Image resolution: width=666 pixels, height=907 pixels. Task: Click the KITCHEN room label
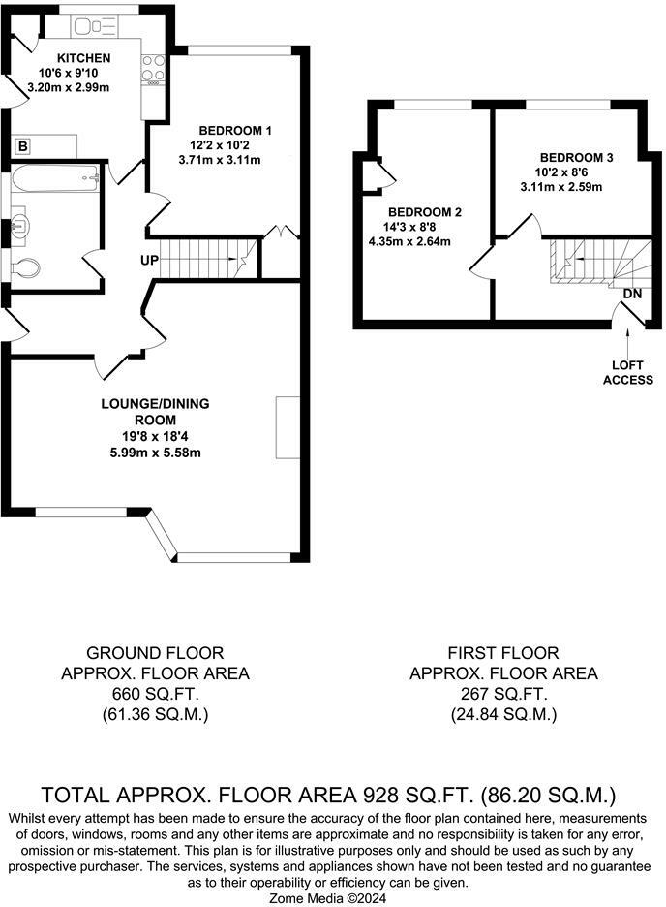[x=84, y=58]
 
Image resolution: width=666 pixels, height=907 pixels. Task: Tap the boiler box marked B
[x=22, y=146]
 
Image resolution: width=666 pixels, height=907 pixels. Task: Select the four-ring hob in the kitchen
[x=154, y=69]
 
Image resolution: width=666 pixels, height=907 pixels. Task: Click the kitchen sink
[x=94, y=26]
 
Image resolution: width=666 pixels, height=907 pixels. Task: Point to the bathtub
[x=55, y=178]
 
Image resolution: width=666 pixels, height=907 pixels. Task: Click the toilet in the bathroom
[x=26, y=267]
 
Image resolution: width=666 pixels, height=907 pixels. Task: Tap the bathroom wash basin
[x=20, y=225]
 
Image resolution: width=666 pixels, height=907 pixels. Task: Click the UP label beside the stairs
[x=149, y=261]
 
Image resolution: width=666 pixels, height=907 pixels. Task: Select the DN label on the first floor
[x=632, y=294]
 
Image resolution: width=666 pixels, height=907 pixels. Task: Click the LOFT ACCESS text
[x=628, y=372]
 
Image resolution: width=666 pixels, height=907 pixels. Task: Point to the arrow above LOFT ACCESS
[x=628, y=342]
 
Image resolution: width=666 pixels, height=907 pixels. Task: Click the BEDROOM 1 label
[x=235, y=131]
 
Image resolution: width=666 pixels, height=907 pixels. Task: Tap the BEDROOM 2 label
[x=425, y=212]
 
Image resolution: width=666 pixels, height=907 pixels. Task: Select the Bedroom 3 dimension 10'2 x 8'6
[x=561, y=172]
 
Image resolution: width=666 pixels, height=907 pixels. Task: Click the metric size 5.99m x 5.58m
[x=156, y=453]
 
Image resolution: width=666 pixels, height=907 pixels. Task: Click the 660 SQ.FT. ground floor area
[x=155, y=694]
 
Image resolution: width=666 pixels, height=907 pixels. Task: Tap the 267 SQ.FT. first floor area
[x=503, y=694]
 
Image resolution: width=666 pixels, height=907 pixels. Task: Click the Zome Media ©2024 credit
[x=327, y=898]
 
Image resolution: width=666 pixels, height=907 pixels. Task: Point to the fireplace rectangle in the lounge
[x=288, y=427]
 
